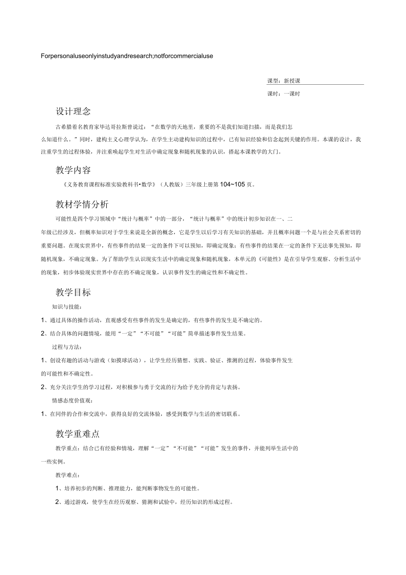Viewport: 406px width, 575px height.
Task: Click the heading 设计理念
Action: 73,111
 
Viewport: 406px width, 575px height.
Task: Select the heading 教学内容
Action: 73,170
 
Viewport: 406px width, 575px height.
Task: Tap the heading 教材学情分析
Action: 82,204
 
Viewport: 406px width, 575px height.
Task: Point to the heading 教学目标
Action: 73,292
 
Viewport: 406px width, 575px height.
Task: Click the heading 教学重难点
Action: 78,434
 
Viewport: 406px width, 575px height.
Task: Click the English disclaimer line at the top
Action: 127,56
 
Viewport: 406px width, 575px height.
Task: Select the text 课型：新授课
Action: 284,81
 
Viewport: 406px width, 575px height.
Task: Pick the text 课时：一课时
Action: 284,94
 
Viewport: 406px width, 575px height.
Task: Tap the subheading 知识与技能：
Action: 67,307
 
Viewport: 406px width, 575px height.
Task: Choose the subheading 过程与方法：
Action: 67,347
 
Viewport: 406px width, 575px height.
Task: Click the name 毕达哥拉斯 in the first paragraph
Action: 119,127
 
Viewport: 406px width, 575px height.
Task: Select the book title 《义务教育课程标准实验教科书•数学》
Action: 109,184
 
